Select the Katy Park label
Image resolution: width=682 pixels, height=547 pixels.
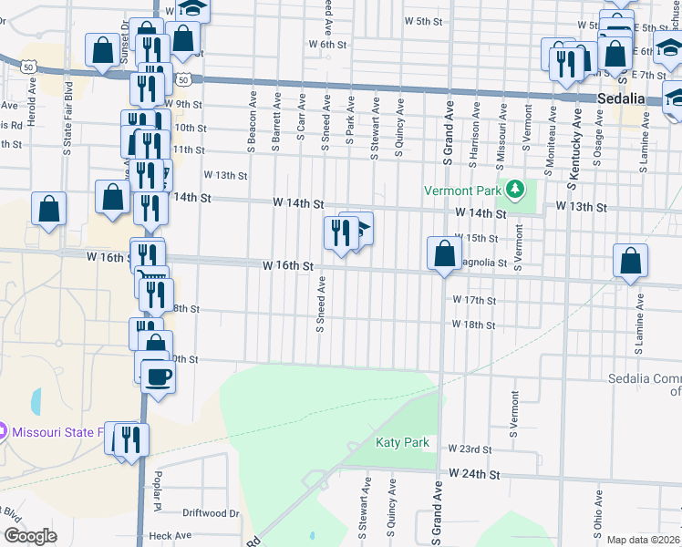tap(402, 443)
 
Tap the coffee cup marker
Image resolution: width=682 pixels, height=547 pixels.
tap(159, 376)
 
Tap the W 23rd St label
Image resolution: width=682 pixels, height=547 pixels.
tap(472, 449)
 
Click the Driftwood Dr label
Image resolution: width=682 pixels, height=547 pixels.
tap(210, 513)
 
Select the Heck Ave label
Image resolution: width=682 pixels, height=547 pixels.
tap(168, 536)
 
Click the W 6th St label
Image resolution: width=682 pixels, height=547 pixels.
tap(328, 44)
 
